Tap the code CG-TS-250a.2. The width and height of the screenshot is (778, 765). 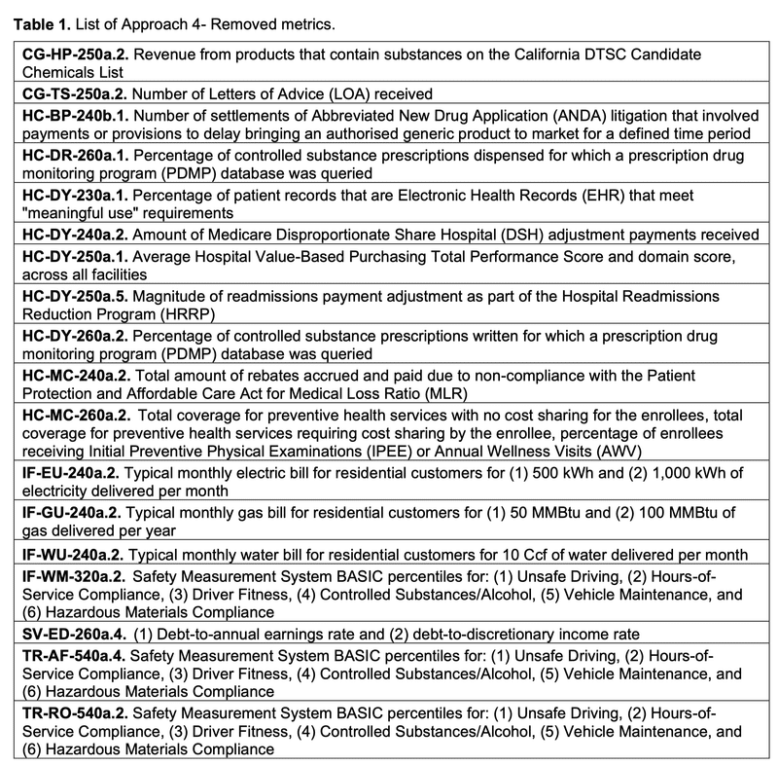[x=77, y=93]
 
